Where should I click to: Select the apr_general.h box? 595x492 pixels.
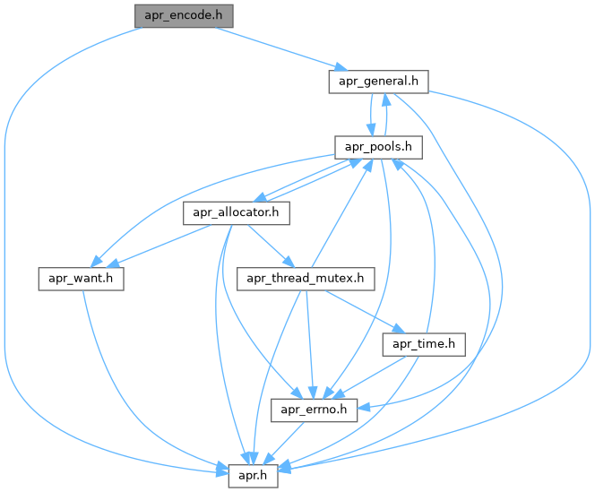click(376, 82)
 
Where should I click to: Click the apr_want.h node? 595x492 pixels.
click(80, 279)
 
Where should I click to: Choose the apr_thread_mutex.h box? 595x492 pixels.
click(306, 279)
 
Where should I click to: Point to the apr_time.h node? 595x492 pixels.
click(424, 344)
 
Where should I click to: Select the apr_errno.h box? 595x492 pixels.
click(315, 410)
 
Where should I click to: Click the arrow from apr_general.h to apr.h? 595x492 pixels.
click(587, 269)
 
